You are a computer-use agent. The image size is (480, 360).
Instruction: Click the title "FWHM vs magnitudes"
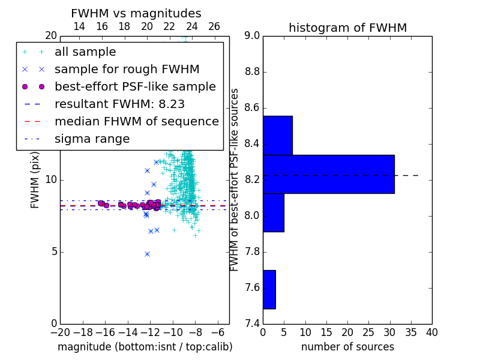coord(136,13)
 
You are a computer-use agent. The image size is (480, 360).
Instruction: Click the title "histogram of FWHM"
coord(348,28)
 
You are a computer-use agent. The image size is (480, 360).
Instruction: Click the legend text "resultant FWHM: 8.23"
coord(119,104)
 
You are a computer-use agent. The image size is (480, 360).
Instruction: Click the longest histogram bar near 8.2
coord(329,174)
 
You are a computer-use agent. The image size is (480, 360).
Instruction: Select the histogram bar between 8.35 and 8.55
coord(278,136)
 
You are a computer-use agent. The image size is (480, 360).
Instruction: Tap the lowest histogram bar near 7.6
coord(269,290)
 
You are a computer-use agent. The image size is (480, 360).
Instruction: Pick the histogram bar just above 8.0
coord(274,213)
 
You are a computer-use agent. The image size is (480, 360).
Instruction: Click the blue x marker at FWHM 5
coord(147,254)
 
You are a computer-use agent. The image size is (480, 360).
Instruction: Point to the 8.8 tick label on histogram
coord(252,72)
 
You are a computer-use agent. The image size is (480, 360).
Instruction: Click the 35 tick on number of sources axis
coord(411,333)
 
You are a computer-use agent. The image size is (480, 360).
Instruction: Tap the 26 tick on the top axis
coord(214,26)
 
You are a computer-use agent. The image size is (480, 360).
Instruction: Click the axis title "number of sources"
coord(348,347)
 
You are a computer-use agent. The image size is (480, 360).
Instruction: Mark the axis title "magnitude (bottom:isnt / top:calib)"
coord(145,347)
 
